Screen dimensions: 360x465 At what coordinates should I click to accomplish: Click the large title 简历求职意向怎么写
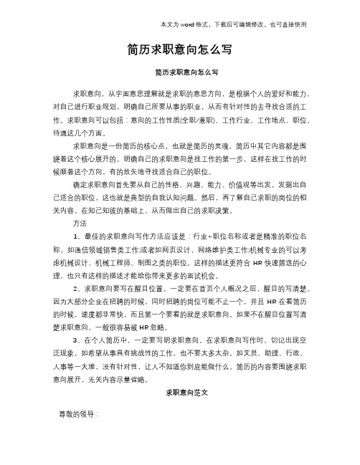click(x=179, y=50)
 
